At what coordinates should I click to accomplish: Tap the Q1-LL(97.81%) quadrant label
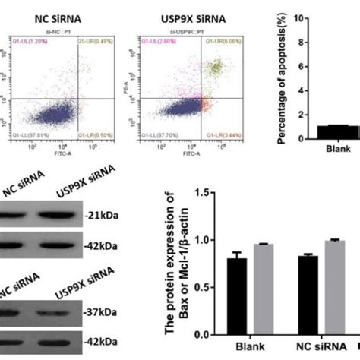34,135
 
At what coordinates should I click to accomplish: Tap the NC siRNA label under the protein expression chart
320,349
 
